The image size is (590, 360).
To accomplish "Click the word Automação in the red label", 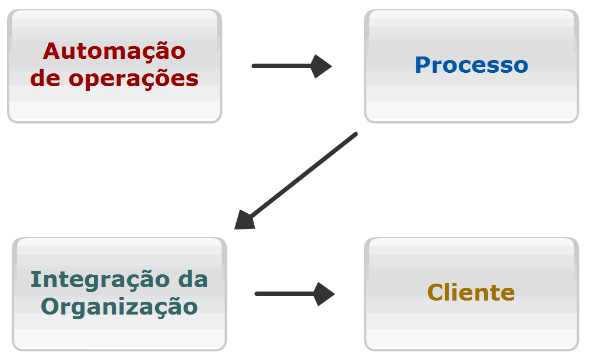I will pyautogui.click(x=114, y=51).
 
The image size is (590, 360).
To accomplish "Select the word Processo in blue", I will pyautogui.click(x=471, y=65).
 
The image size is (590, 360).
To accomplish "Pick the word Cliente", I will pyautogui.click(x=471, y=292).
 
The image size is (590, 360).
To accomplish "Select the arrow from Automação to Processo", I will pyautogui.click(x=286, y=66).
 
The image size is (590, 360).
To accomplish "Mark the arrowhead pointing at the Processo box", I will pyautogui.click(x=321, y=66).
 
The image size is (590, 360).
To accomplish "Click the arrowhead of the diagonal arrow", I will pyautogui.click(x=244, y=220).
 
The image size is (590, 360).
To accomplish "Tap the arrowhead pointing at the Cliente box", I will pyautogui.click(x=324, y=294).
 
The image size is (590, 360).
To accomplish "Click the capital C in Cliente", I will pyautogui.click(x=435, y=292).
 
